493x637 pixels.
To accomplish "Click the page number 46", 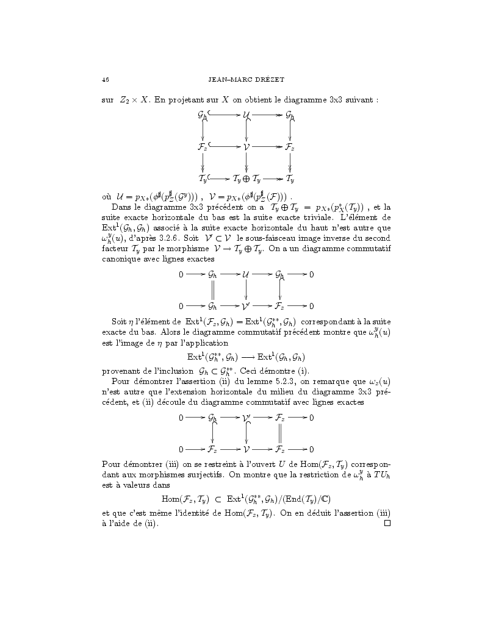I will click(106, 80).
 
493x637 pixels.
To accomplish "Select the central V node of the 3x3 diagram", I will click(246, 147).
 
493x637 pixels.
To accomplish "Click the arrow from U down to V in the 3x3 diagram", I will click(246, 130).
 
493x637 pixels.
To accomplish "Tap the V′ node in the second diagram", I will click(247, 305).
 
